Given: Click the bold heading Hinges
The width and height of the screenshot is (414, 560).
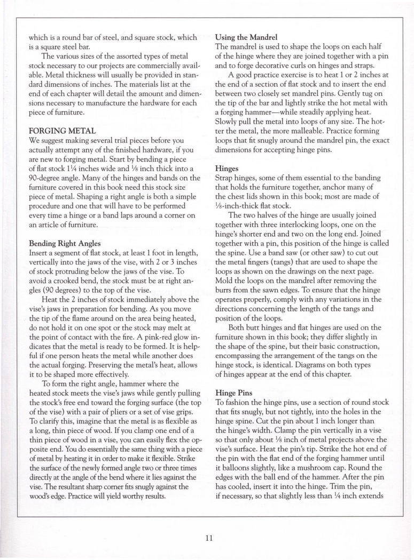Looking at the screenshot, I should click(x=227, y=167).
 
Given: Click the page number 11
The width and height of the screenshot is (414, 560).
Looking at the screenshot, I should click(x=209, y=538).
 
